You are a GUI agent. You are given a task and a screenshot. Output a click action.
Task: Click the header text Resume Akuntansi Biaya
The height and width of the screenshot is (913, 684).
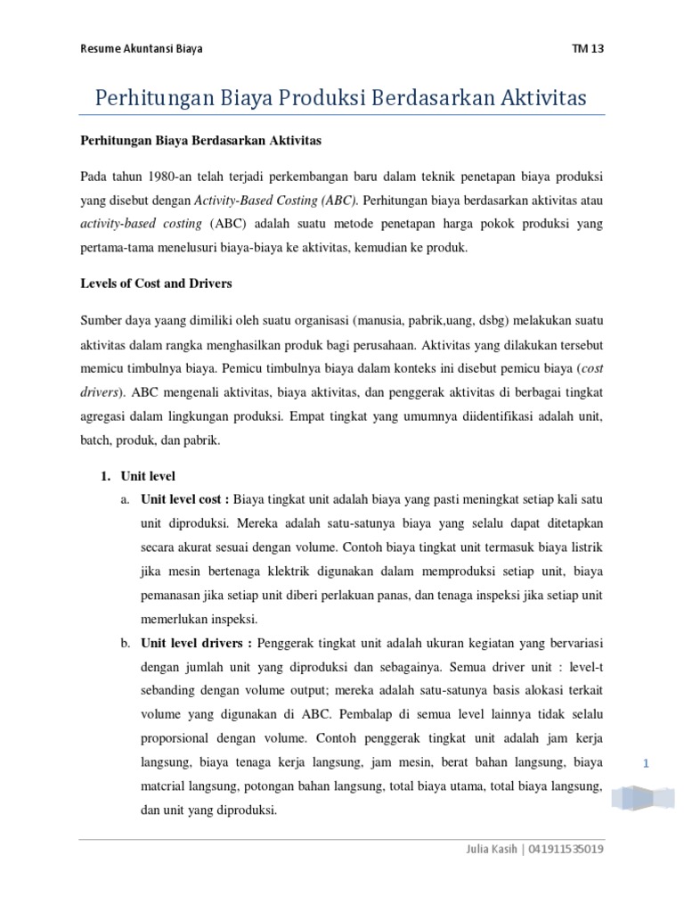(x=141, y=48)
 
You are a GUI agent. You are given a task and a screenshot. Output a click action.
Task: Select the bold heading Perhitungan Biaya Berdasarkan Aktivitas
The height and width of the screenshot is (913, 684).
(x=201, y=140)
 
